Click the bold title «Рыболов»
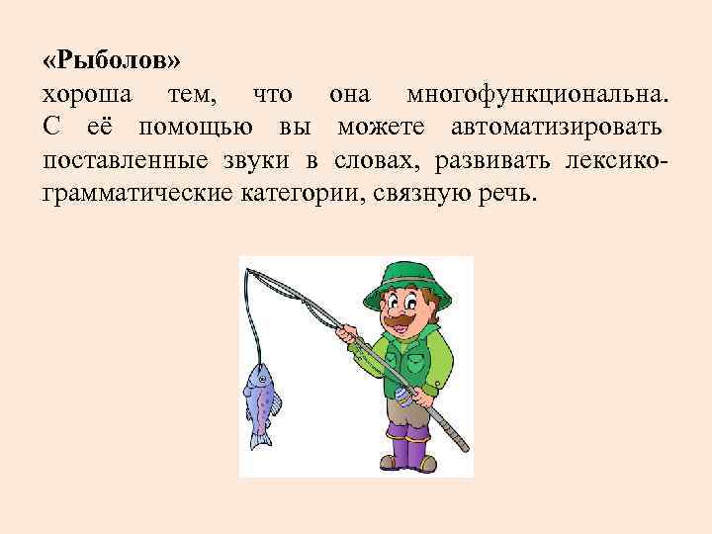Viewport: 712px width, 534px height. tap(112, 61)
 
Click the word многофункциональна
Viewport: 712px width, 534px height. tap(537, 94)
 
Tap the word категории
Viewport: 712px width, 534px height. tap(300, 192)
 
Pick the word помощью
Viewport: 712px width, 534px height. tap(192, 127)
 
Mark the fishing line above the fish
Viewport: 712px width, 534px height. tap(253, 326)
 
